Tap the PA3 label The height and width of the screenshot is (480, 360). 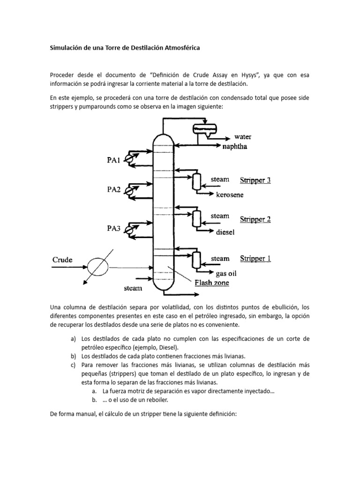(114, 229)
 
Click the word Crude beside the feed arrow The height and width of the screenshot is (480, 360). (62, 259)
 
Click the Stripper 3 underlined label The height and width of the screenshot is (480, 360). (255, 180)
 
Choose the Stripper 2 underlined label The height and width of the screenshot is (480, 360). (255, 219)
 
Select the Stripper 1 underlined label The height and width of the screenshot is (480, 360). (255, 258)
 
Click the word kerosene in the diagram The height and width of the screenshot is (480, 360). (230, 195)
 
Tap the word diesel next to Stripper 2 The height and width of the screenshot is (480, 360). (225, 232)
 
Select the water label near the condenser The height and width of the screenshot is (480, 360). (243, 137)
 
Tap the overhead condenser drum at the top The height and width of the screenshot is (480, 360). (204, 127)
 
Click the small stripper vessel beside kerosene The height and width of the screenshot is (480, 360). (196, 181)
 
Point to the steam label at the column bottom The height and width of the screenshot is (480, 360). (133, 288)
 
